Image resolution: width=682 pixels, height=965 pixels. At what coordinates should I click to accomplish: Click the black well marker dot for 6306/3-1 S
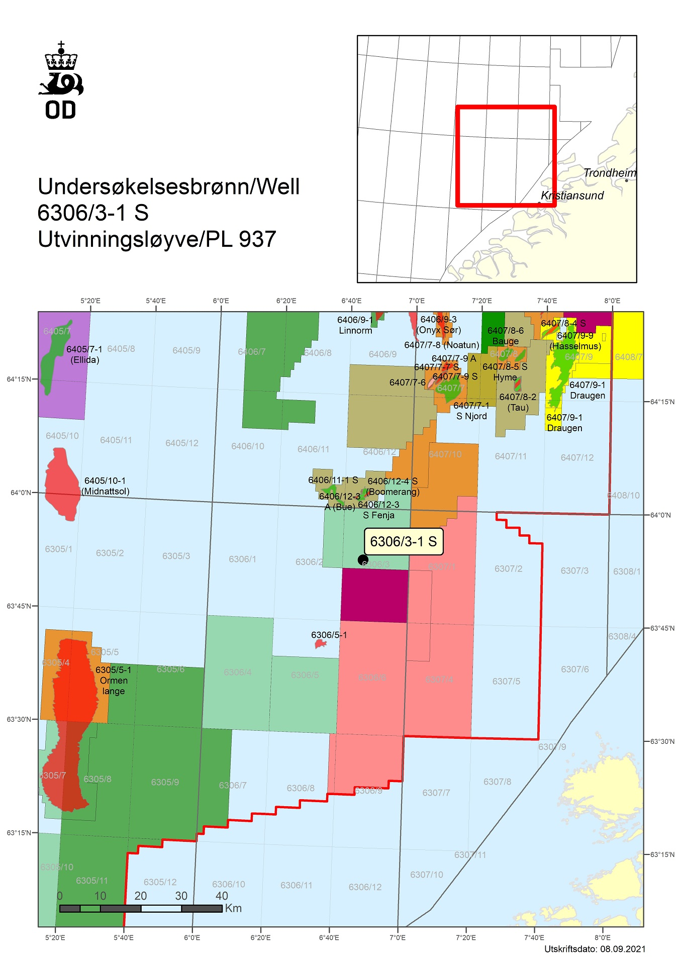pos(363,559)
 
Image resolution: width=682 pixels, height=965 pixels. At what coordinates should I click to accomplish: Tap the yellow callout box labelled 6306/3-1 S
pos(403,541)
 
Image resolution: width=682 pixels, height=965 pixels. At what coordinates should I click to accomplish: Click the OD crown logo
pos(61,80)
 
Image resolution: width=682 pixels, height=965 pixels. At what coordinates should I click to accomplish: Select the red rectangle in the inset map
pos(506,156)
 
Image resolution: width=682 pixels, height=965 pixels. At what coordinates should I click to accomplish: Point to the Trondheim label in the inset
pos(609,173)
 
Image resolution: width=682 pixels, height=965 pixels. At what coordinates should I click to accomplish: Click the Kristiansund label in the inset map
pos(572,196)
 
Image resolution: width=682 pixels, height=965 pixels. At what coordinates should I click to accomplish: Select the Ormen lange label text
pos(114,681)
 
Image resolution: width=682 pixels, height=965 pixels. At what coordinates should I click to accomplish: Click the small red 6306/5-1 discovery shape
pos(320,644)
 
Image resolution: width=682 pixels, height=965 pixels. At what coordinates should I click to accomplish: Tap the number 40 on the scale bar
pos(222,896)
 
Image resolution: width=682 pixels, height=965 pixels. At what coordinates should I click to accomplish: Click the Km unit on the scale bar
pos(234,908)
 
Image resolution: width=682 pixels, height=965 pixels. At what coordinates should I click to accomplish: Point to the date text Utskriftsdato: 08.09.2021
pos(595,949)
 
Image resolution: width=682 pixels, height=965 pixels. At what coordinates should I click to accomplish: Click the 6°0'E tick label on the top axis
pos(221,301)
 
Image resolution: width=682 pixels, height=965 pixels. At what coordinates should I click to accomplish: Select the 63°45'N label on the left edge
pos(19,606)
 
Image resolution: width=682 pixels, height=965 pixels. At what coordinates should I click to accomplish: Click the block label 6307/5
pos(506,681)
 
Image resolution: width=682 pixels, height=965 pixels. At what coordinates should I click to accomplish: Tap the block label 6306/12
pos(365,887)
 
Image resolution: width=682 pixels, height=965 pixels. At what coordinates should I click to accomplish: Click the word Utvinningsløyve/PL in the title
pos(135,239)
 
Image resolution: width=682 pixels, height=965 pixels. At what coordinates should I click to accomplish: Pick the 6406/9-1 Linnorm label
pos(355,325)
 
